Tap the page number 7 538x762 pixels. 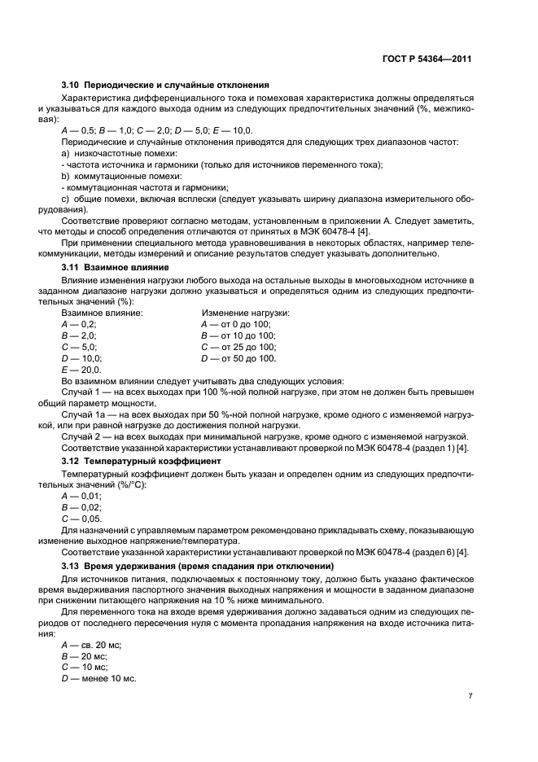pos(470,695)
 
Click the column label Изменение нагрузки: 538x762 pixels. pos(245,313)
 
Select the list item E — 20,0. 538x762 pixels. pos(79,369)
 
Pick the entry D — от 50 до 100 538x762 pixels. pos(238,357)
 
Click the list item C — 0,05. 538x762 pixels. pos(81,518)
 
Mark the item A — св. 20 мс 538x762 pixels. pos(90,644)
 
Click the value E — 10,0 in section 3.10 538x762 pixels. pos(234,130)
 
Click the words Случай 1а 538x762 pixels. pos(85,414)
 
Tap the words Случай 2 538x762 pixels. pos(82,437)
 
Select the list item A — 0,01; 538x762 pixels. pos(81,495)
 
